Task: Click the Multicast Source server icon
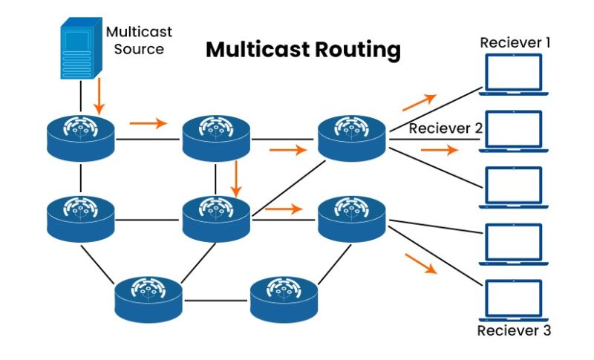pos(79,49)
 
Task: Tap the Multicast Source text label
pos(139,41)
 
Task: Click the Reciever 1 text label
pos(515,42)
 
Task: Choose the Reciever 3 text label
pos(515,330)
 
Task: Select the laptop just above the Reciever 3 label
pos(515,300)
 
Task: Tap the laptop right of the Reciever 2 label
pos(515,131)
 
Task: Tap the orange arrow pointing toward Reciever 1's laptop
pos(419,102)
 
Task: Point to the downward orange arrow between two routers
pos(235,178)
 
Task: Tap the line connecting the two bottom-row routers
pos(217,301)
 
